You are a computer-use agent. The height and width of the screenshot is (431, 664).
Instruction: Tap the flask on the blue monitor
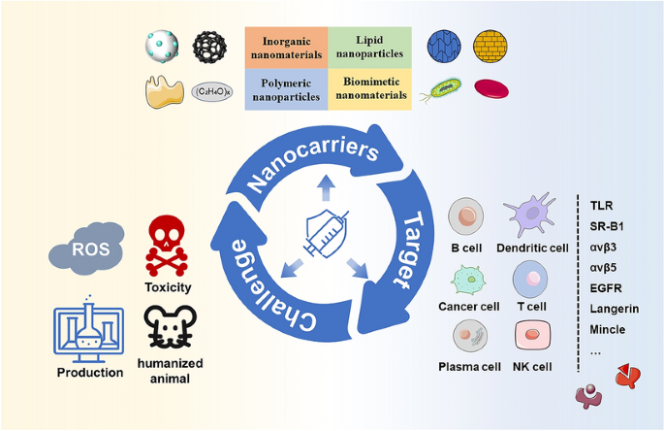coord(91,332)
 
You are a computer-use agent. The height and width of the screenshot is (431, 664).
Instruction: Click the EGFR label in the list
coord(607,287)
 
